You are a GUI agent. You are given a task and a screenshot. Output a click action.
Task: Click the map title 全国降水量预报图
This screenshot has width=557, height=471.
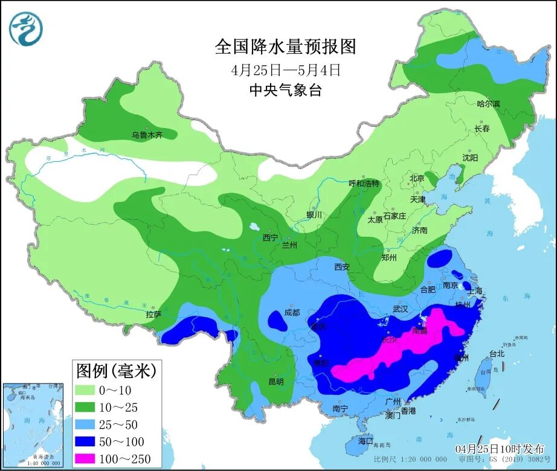pyautogui.click(x=285, y=46)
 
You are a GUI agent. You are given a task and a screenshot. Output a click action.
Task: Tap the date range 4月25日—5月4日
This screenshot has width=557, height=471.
pyautogui.click(x=285, y=69)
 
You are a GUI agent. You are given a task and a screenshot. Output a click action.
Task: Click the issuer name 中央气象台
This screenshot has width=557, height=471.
pyautogui.click(x=285, y=91)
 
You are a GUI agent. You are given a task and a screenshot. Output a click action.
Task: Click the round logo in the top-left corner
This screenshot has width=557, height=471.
pyautogui.click(x=27, y=28)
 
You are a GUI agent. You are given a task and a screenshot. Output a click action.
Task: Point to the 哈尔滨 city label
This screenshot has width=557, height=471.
pyautogui.click(x=488, y=104)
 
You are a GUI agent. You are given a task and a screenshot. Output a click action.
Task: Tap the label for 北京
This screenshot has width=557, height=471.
pyautogui.click(x=417, y=178)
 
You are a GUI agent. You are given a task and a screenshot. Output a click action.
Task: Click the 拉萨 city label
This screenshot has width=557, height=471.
pyautogui.click(x=153, y=314)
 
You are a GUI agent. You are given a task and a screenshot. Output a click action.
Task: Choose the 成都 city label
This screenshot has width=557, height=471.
pyautogui.click(x=291, y=312)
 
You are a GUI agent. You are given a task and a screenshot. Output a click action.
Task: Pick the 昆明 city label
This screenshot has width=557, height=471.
pyautogui.click(x=276, y=382)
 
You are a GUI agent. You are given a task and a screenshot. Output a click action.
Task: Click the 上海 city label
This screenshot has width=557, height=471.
pyautogui.click(x=475, y=291)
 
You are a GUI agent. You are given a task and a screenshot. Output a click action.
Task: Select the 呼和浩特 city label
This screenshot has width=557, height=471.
pyautogui.click(x=364, y=184)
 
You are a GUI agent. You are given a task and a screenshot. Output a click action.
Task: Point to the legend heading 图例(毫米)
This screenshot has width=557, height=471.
pyautogui.click(x=115, y=370)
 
